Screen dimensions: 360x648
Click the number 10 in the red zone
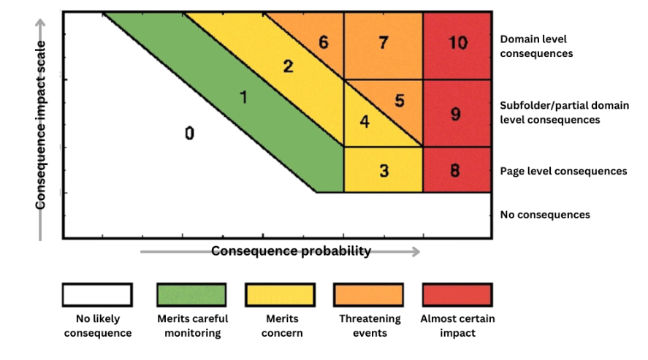point(457,43)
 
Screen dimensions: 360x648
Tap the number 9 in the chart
point(456,114)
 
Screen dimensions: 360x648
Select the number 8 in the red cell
point(454,171)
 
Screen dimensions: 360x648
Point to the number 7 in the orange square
point(383,42)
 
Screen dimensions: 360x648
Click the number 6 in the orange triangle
point(323,42)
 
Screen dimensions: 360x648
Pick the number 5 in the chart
point(399,100)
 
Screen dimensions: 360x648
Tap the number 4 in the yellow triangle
point(365,121)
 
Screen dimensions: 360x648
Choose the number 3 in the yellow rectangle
point(384,171)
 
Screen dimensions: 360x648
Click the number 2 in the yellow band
point(288,66)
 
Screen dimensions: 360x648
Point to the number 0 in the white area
point(189,134)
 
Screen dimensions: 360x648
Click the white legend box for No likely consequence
point(97,295)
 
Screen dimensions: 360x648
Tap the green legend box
point(192,295)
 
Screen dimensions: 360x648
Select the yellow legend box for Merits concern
point(280,295)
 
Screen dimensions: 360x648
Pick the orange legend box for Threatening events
point(370,295)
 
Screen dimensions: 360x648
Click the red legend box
point(457,295)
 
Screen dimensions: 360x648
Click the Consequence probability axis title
point(291,251)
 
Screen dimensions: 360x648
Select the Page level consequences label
point(563,171)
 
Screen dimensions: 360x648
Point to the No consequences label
point(545,215)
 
